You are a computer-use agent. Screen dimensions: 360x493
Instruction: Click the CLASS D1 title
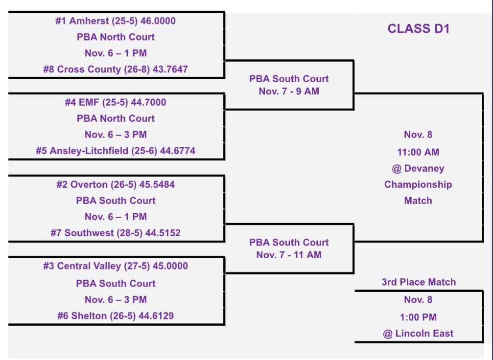coord(418,29)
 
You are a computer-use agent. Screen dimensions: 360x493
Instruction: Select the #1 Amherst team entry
coord(116,21)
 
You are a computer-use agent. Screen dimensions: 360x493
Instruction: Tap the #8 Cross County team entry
coord(116,69)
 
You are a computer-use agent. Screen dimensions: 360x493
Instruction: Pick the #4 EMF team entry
coord(116,102)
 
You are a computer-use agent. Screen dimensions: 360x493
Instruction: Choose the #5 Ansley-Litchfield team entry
coord(116,151)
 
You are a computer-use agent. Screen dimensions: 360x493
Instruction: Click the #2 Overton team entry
coord(116,184)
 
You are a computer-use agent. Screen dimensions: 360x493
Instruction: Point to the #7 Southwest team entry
coord(116,233)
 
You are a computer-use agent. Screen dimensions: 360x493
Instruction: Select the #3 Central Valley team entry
coord(116,266)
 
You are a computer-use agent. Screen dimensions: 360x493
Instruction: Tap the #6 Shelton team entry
coord(116,316)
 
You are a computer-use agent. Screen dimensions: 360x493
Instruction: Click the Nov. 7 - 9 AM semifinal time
coord(289,91)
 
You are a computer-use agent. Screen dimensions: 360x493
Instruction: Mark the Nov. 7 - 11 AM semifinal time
coord(289,255)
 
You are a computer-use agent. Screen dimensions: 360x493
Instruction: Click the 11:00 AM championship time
coord(418,152)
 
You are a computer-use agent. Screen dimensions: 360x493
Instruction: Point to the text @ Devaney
coord(418,168)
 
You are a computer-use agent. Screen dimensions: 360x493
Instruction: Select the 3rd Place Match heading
coord(419,282)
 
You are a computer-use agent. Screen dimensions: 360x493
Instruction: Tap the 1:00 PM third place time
coord(418,317)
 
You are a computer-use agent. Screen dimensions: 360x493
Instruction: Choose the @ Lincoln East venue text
coord(418,334)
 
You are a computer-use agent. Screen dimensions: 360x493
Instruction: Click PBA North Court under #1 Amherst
coord(116,37)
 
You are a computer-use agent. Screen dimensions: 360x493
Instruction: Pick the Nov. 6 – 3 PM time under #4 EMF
coord(116,135)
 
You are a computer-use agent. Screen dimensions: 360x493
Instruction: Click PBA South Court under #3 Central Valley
coord(116,283)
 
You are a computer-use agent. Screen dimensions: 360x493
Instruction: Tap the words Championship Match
coord(418,192)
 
